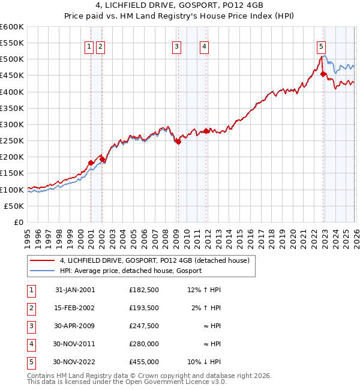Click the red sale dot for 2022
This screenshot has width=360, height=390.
323,74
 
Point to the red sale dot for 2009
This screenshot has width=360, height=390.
178,142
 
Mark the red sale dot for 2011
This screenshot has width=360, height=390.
206,131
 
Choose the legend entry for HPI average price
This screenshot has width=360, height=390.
130,271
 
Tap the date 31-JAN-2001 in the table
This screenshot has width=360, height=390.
75,290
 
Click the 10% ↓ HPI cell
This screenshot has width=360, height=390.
204,362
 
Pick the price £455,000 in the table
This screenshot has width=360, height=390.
143,362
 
